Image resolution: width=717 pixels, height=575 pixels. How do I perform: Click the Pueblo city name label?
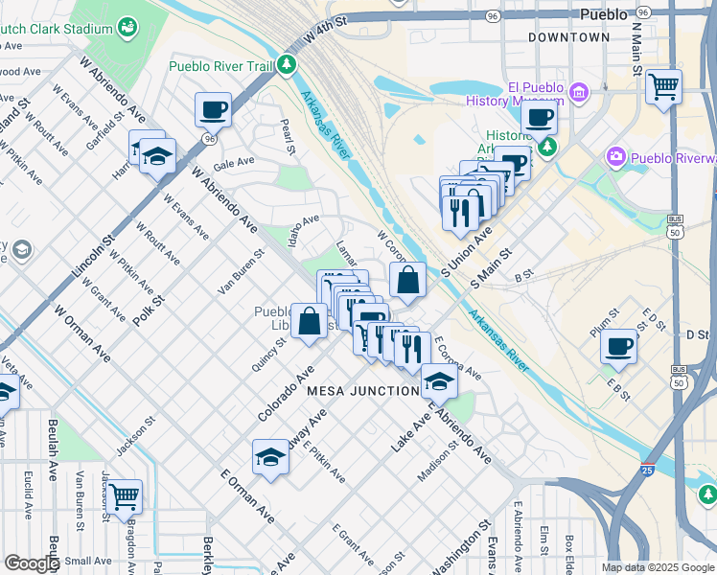pos(604,14)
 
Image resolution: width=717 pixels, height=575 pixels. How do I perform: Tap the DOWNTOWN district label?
pos(568,37)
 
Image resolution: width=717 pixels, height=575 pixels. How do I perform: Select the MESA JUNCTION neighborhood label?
pos(362,391)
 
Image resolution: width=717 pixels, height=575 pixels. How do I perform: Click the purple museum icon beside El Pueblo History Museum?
pos(578,92)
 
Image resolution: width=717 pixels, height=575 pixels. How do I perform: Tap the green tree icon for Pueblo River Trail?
pos(286,66)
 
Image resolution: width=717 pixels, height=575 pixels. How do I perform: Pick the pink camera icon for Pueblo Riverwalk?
pos(615,156)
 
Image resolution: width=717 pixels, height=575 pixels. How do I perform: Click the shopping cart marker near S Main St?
pos(663,86)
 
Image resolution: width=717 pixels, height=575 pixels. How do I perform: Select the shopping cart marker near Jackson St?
pos(125,496)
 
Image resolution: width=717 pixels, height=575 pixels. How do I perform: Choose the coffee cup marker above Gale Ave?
pos(213,108)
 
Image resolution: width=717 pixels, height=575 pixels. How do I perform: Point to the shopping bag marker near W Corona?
pos(408,281)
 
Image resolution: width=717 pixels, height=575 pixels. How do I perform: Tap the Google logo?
pos(32,563)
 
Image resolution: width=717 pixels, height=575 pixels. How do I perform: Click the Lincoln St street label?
pos(92,260)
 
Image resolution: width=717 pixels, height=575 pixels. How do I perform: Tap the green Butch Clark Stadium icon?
pos(127,29)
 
